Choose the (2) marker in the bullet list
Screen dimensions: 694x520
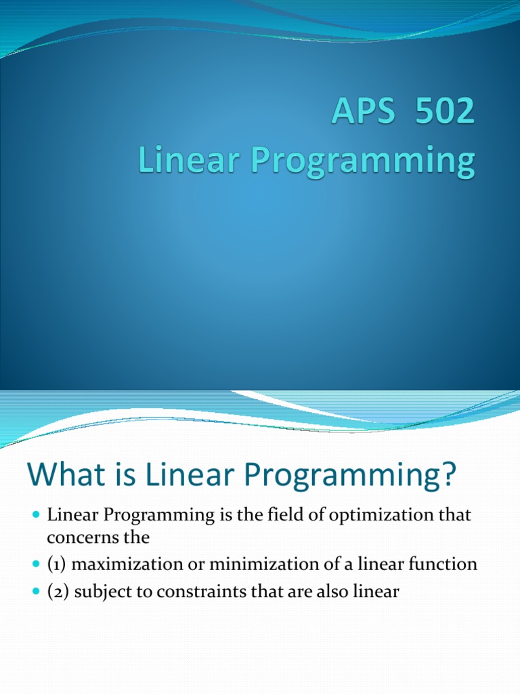click(x=58, y=592)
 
